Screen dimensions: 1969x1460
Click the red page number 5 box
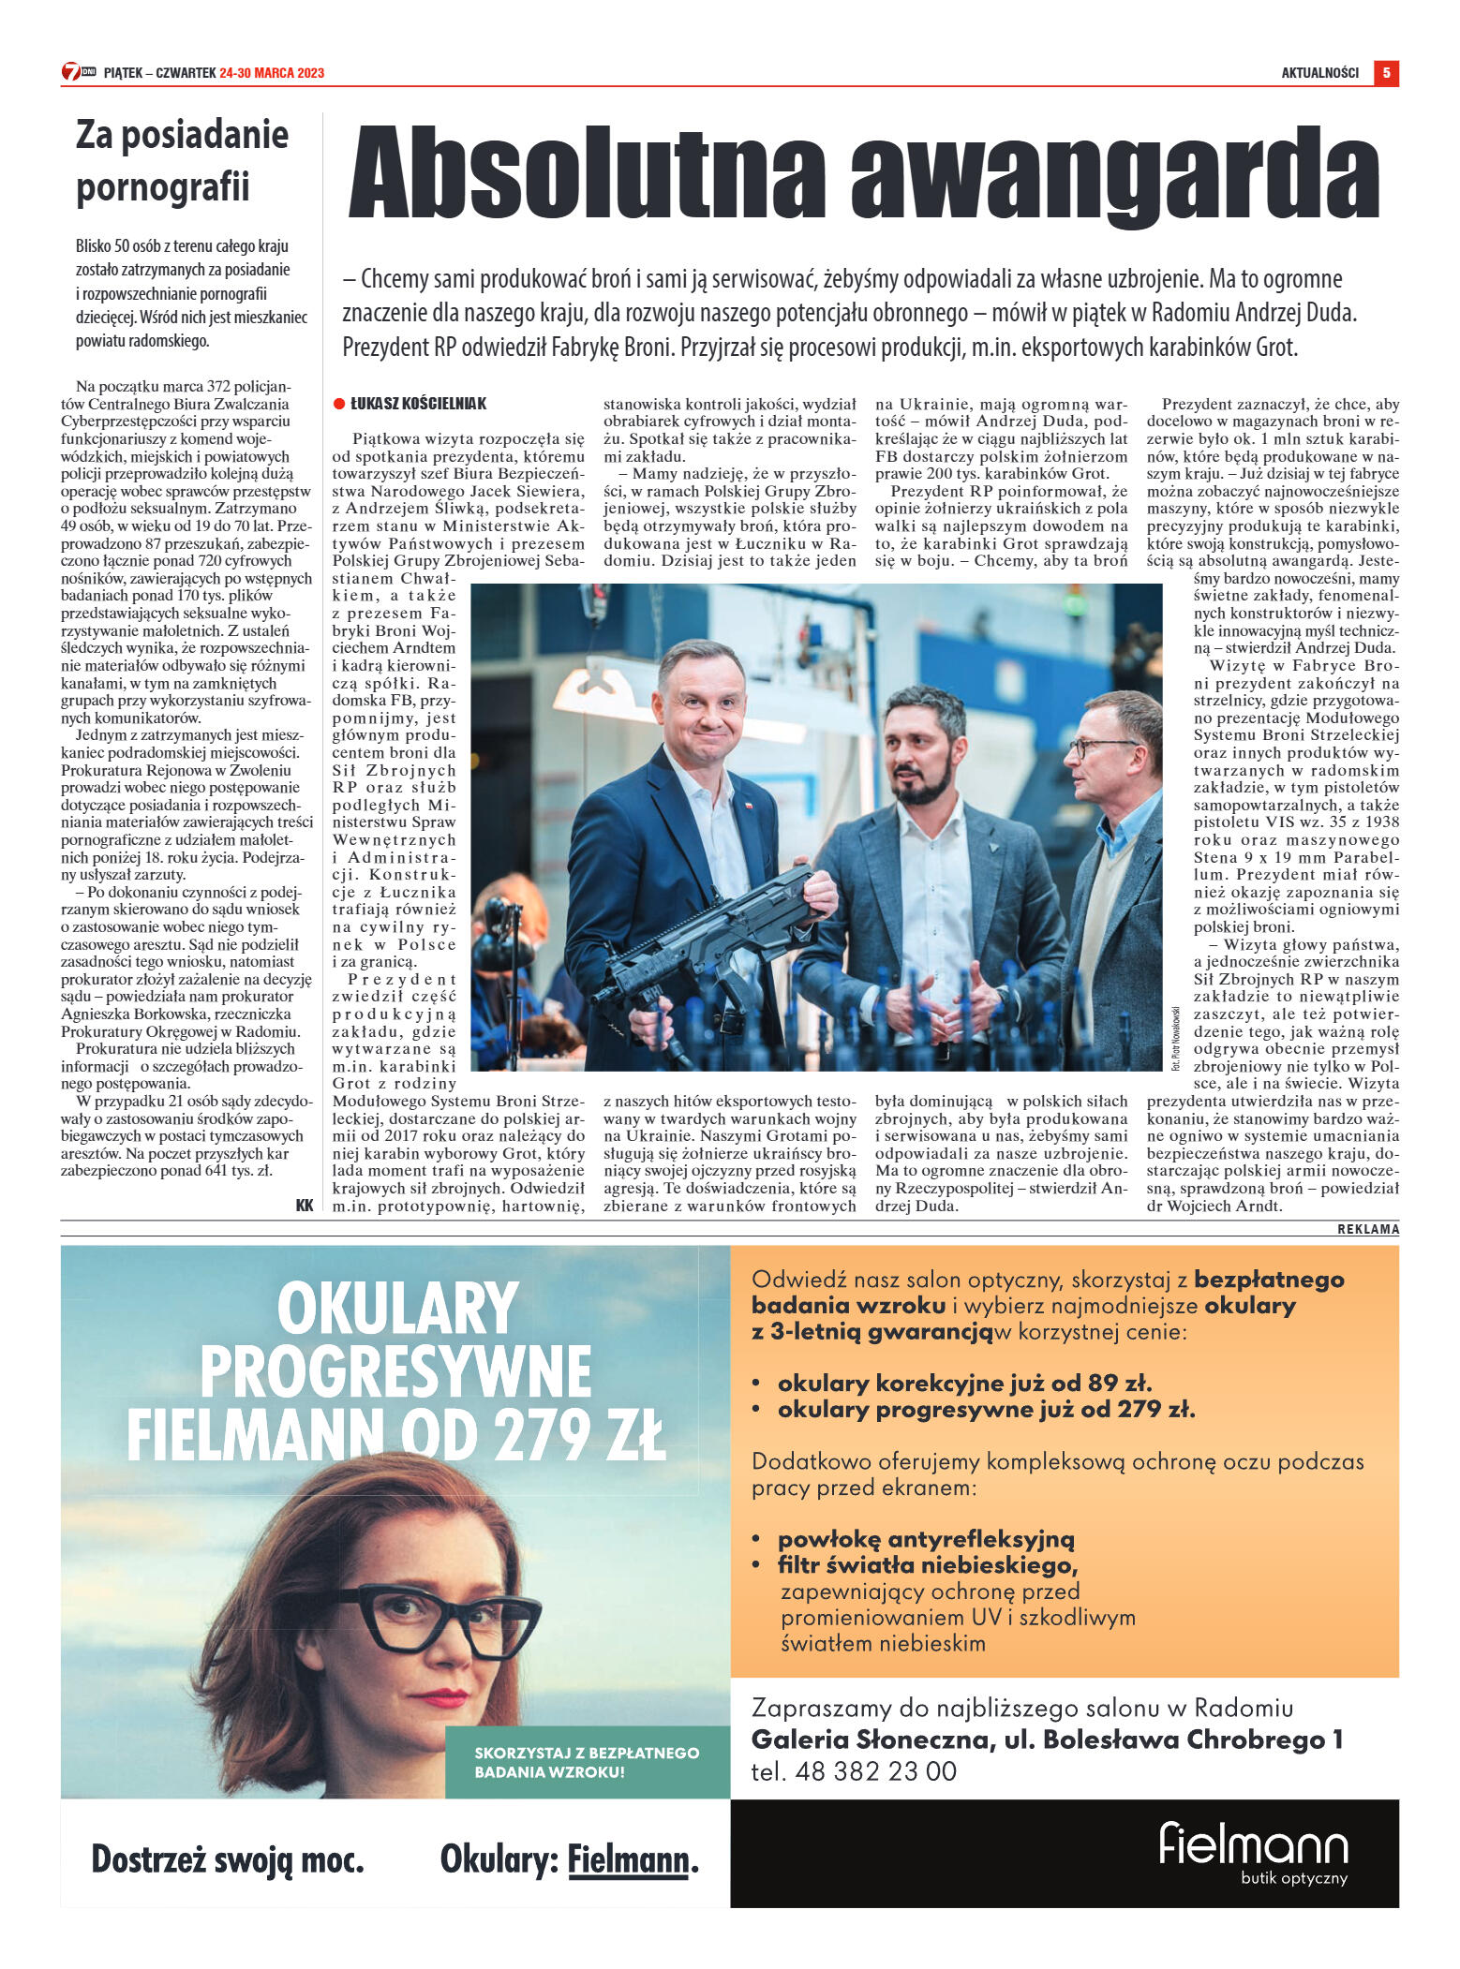pos(1385,72)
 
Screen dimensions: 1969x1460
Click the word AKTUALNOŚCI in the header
pos(1319,73)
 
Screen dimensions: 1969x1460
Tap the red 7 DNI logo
pos(78,72)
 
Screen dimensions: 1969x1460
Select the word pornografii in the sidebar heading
pos(162,186)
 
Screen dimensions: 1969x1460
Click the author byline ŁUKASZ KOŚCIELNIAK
pos(418,404)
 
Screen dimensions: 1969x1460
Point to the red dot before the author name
pos(339,404)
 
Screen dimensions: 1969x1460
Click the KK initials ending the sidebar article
pos(305,1206)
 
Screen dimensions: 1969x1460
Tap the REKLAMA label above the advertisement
pos(1367,1229)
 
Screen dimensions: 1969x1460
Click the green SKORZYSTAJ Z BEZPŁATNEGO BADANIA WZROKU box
pos(587,1762)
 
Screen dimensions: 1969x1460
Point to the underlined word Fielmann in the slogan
pos(628,1859)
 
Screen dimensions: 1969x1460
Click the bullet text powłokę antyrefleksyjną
pos(925,1539)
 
